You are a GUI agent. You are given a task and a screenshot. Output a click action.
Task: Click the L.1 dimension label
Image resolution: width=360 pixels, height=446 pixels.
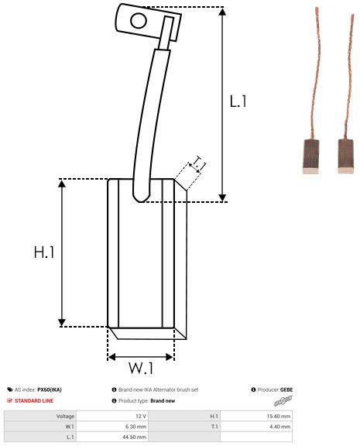pyautogui.click(x=238, y=101)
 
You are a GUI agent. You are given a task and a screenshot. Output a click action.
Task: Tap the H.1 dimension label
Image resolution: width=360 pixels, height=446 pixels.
pyautogui.click(x=44, y=252)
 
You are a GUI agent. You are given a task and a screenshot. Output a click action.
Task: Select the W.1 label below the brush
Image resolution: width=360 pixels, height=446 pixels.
pyautogui.click(x=141, y=368)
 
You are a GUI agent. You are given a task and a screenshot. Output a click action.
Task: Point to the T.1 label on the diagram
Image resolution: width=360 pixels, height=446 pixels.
pyautogui.click(x=199, y=163)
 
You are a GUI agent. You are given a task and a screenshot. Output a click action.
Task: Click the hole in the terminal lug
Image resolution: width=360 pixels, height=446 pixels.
pyautogui.click(x=139, y=21)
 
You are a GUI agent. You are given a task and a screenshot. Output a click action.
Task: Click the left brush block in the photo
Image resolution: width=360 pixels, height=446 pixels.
pyautogui.click(x=310, y=156)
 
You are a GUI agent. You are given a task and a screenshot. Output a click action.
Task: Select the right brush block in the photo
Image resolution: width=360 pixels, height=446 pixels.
pyautogui.click(x=346, y=156)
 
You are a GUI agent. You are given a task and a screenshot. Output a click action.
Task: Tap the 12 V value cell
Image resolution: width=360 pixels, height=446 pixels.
pyautogui.click(x=141, y=416)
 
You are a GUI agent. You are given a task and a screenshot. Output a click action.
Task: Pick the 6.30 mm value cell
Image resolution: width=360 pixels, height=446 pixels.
pyautogui.click(x=136, y=427)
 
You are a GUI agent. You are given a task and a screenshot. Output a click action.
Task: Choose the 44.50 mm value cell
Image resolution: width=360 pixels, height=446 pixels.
pyautogui.click(x=134, y=437)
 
